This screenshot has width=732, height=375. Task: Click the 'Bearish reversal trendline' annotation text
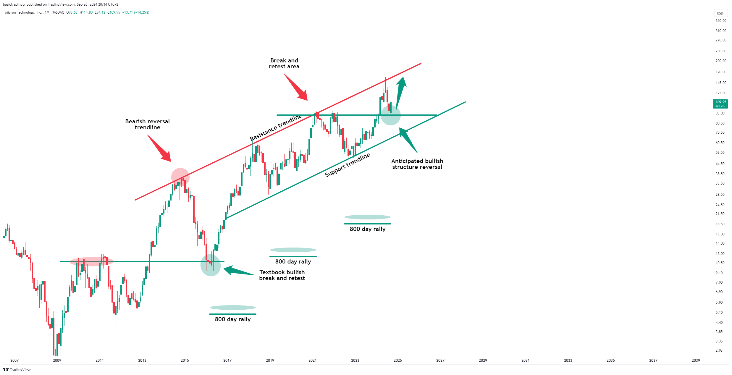click(x=147, y=124)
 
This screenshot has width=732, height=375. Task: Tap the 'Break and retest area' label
click(x=284, y=63)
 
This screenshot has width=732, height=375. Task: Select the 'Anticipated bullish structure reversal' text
click(x=417, y=164)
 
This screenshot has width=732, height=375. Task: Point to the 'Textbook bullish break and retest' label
click(x=282, y=275)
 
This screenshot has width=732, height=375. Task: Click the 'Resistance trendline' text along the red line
click(x=276, y=127)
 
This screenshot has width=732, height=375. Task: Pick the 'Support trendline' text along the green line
click(x=347, y=165)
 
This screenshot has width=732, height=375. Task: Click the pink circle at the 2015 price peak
click(x=180, y=177)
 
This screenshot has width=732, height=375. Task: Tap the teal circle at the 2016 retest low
click(x=211, y=265)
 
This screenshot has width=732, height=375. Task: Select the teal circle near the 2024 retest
click(x=390, y=115)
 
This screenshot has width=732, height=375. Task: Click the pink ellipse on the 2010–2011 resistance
click(x=92, y=261)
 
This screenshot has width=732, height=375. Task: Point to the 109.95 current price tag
click(x=720, y=104)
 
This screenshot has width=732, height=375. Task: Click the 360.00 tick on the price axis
click(x=721, y=21)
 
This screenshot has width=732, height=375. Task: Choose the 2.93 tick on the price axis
click(x=719, y=350)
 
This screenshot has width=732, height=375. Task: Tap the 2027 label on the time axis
click(x=440, y=360)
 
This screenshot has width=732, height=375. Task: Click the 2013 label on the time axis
click(x=142, y=360)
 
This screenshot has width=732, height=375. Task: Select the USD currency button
click(x=720, y=13)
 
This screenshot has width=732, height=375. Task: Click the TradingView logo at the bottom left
click(x=17, y=370)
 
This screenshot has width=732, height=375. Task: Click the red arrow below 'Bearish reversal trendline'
click(x=159, y=148)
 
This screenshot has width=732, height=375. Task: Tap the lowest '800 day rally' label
click(x=233, y=319)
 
